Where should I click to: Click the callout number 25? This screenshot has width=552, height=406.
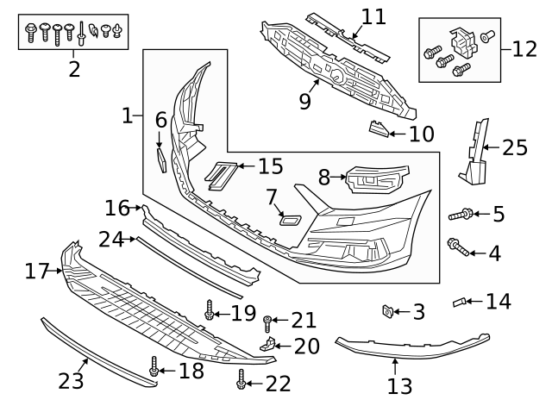[x=514, y=147]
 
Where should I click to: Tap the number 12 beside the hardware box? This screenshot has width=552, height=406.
[x=524, y=48]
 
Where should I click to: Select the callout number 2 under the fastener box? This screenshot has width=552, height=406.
[x=74, y=69]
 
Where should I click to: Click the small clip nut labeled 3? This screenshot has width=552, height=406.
[x=388, y=310]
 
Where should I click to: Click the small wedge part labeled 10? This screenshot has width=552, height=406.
[x=377, y=130]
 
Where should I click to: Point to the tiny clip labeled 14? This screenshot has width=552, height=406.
[x=461, y=302]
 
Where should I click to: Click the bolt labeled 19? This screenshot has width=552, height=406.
[x=209, y=310]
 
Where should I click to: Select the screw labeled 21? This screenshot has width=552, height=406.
[x=268, y=323]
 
